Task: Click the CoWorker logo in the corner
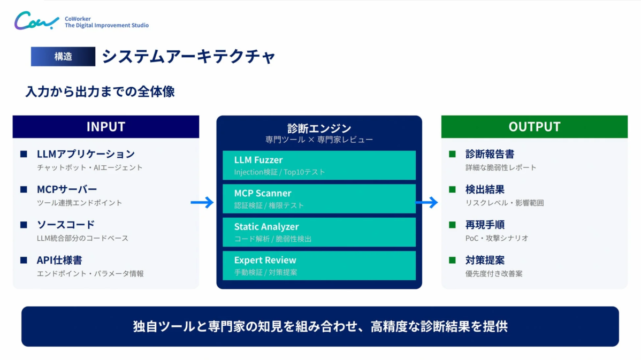[x=36, y=21]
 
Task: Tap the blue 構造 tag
[x=63, y=56]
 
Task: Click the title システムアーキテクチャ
[x=188, y=56]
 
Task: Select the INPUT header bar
[x=106, y=127]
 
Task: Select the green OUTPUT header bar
[x=534, y=127]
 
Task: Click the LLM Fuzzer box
[x=319, y=165]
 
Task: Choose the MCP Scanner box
[x=319, y=198]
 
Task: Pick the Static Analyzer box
[x=319, y=232]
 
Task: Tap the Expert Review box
[x=319, y=265]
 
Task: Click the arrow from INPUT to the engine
[x=202, y=202]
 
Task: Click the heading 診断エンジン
[x=319, y=128]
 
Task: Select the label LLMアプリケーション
[x=86, y=154]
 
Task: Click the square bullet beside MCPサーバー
[x=24, y=189]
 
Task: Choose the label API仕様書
[x=59, y=260]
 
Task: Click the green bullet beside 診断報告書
[x=453, y=154]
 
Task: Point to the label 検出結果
[x=485, y=189]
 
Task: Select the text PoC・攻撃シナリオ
[x=497, y=238]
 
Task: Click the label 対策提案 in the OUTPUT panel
[x=485, y=260]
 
